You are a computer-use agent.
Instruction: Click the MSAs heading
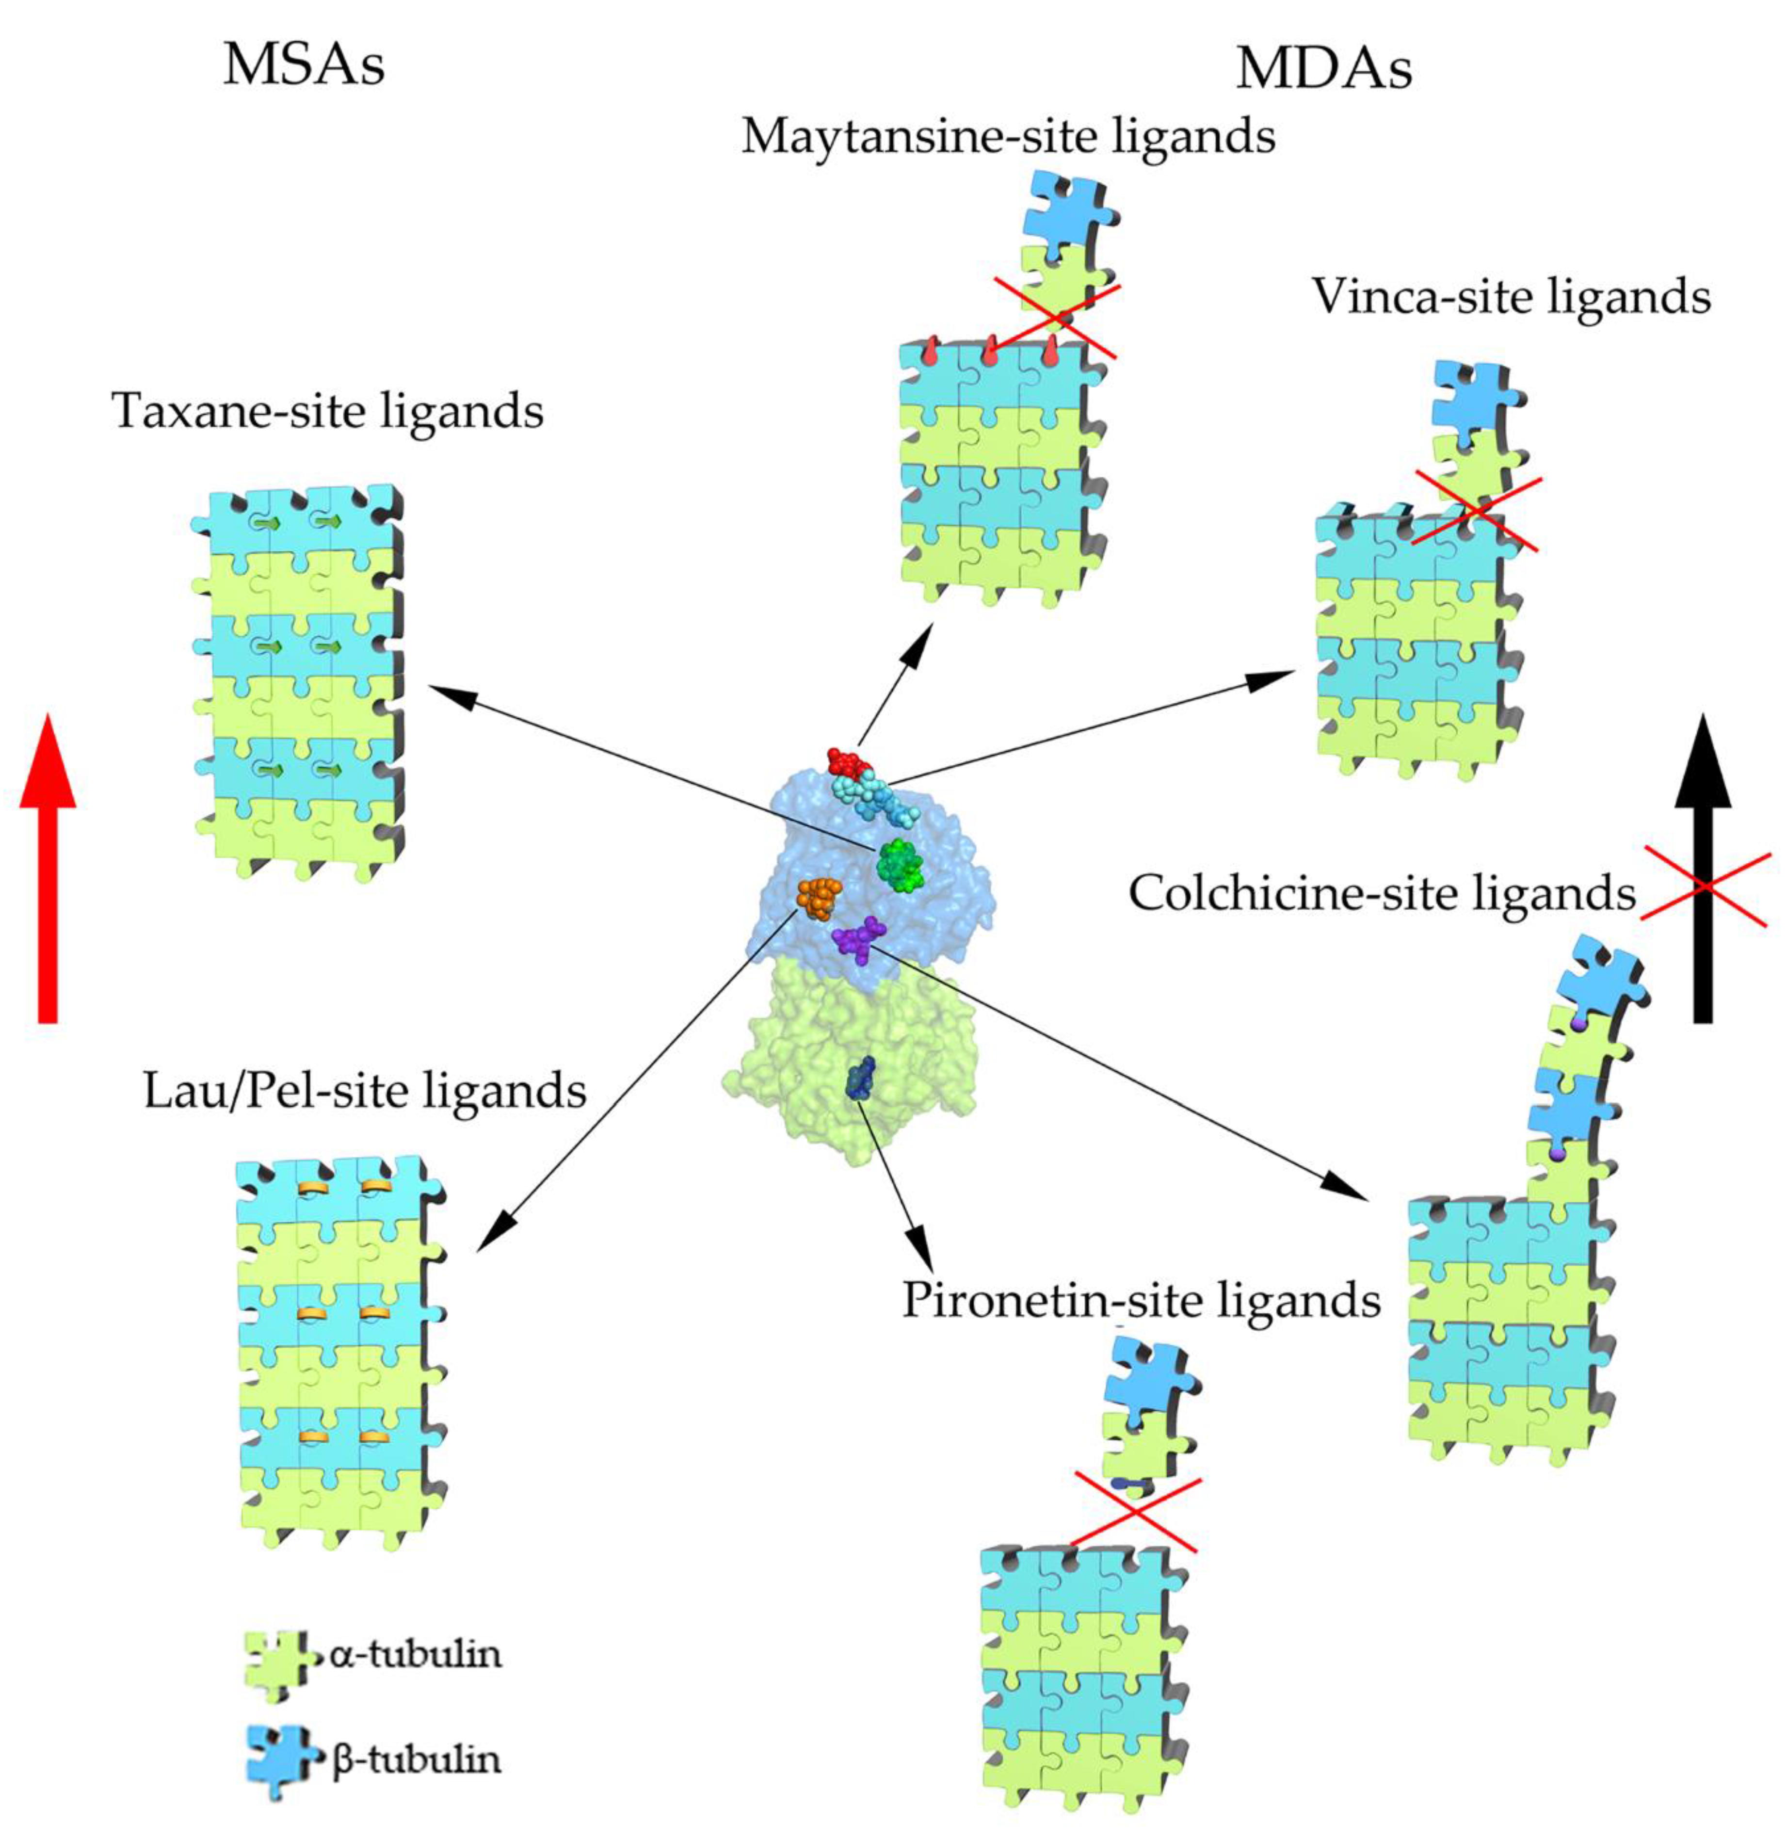pos(303,65)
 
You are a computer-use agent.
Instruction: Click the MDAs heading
pos(1323,68)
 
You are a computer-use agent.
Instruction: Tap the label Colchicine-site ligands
pos(1382,893)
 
